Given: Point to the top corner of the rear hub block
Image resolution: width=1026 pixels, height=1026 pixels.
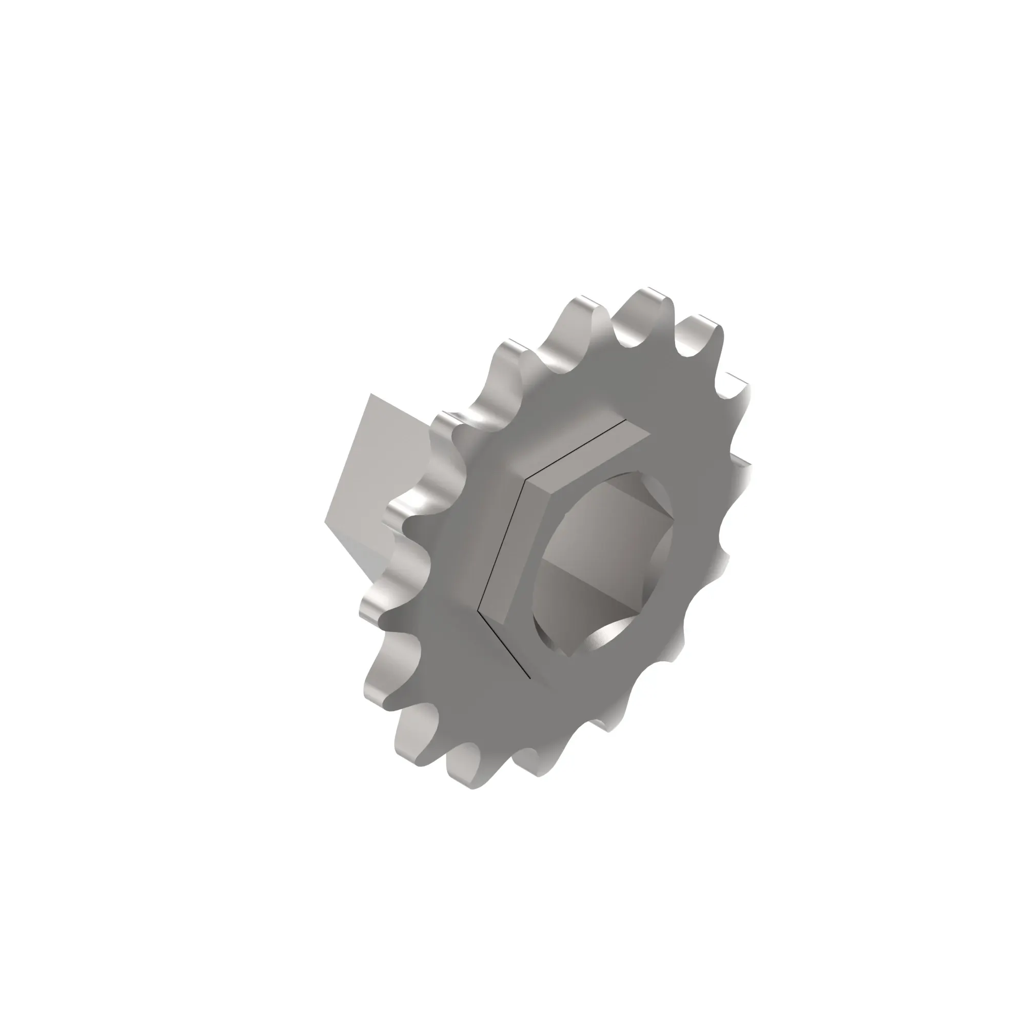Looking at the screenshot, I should [x=371, y=394].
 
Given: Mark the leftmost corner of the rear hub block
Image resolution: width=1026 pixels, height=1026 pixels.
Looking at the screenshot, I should [x=325, y=522].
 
